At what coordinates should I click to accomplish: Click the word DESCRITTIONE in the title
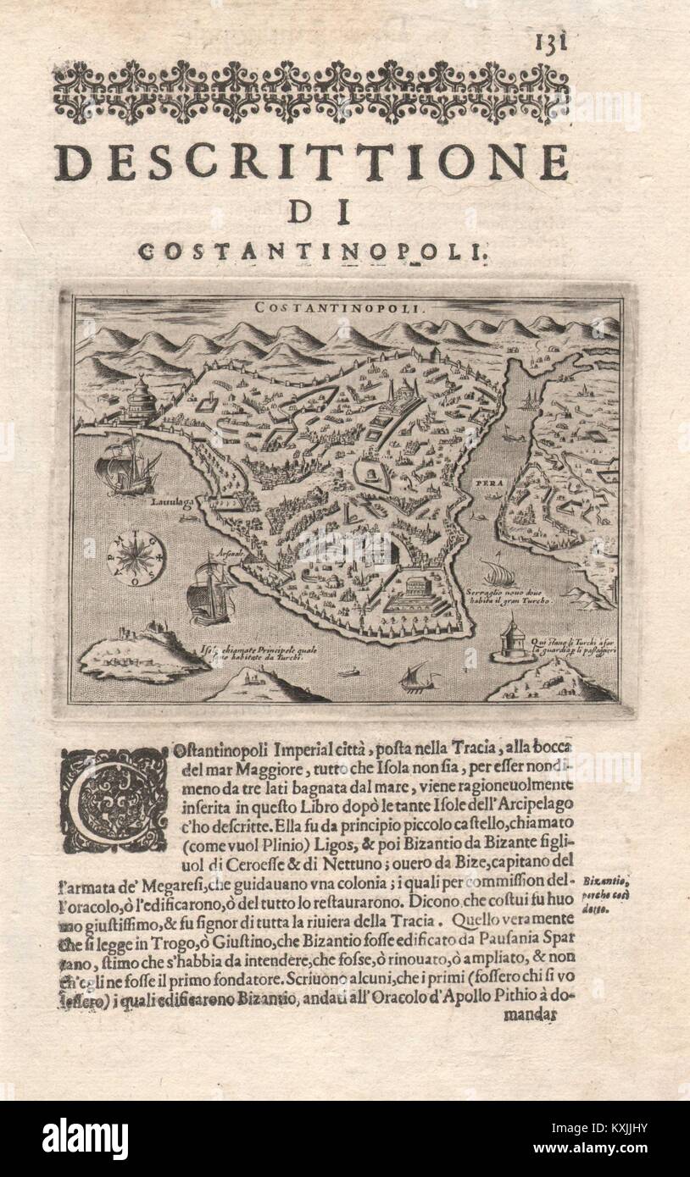click(x=311, y=162)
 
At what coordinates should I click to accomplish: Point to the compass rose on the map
click(x=136, y=558)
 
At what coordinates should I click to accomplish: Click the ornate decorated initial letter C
click(x=114, y=800)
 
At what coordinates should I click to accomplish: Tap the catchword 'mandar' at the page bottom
click(x=531, y=1014)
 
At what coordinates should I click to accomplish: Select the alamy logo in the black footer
click(x=85, y=1138)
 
